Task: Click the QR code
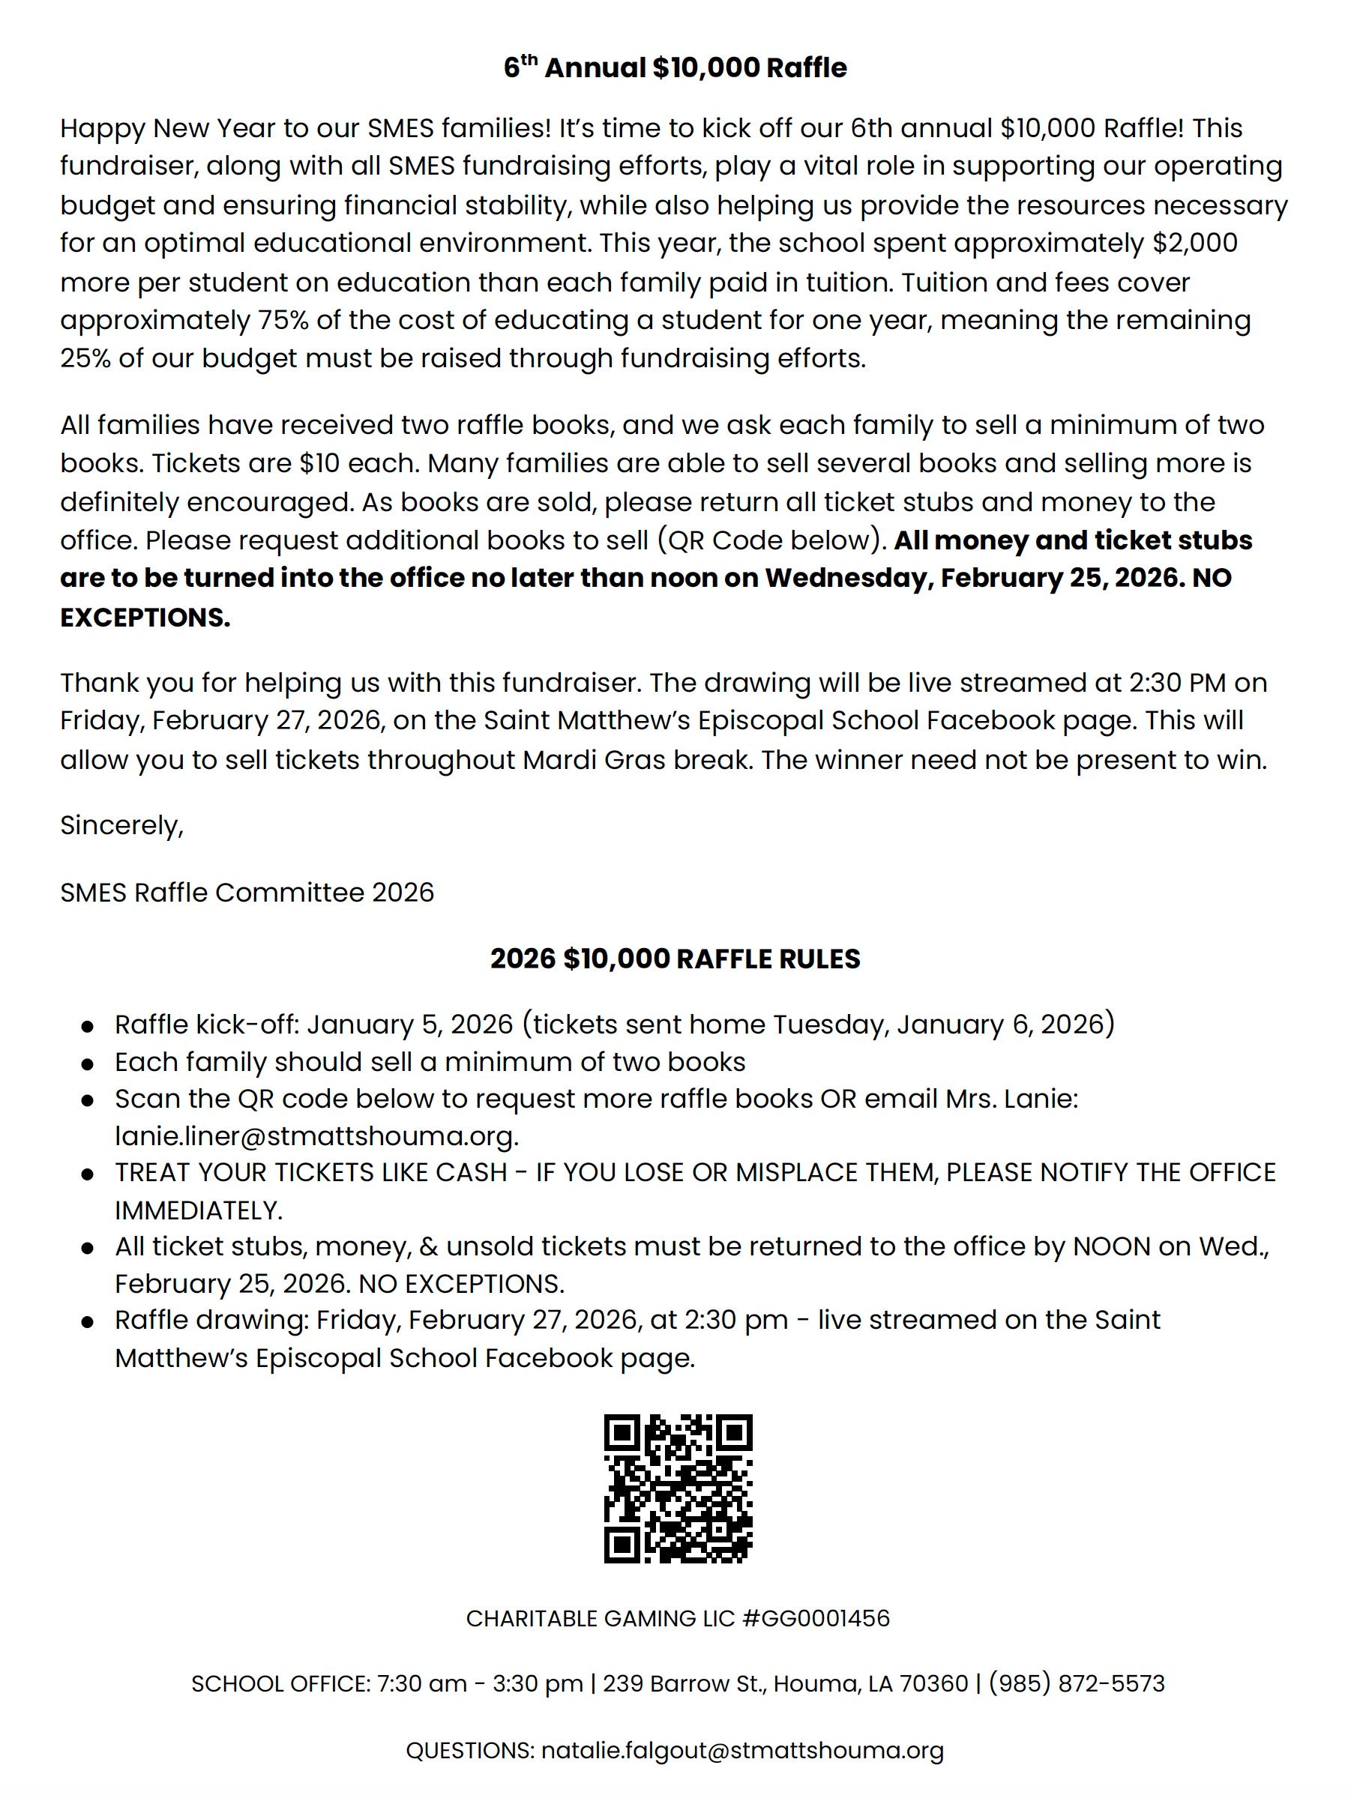[678, 1489]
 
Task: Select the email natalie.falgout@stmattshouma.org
[742, 1750]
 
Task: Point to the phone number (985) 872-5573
[1077, 1683]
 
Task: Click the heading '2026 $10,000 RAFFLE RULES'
[675, 959]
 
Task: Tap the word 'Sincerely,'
[122, 826]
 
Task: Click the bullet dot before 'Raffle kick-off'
[87, 1026]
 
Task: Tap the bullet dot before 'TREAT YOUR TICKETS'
[87, 1174]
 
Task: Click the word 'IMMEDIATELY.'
[199, 1210]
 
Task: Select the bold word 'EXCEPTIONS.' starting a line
[145, 617]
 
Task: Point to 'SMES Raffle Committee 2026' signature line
[247, 893]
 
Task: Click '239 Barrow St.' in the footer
[684, 1683]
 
